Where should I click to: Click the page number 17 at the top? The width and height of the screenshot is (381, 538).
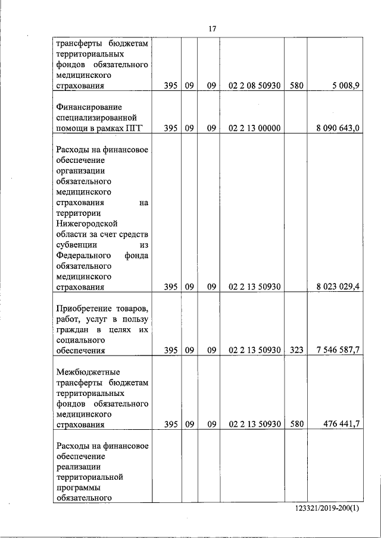pos(211,29)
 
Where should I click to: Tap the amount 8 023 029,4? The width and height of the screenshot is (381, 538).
pos(333,287)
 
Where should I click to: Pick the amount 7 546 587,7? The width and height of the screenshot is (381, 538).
pos(333,350)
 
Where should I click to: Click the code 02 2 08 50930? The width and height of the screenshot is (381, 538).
pos(254,86)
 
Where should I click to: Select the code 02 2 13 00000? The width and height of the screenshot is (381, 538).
pos(254,128)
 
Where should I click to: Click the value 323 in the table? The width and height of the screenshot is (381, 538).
pos(296,350)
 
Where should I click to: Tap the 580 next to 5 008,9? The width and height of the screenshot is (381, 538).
pos(296,86)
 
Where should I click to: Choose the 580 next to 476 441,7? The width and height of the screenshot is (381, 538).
pos(296,424)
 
